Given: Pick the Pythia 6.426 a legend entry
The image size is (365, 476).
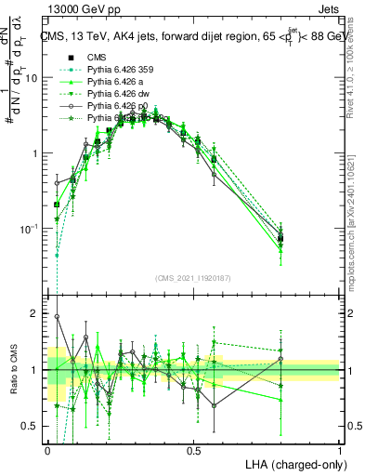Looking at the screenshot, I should [115, 81].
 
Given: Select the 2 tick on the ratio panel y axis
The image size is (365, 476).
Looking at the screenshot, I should [38, 313].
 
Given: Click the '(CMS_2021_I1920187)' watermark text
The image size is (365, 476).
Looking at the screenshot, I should [193, 278].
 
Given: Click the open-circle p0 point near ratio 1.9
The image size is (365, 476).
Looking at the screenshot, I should [57, 317].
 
